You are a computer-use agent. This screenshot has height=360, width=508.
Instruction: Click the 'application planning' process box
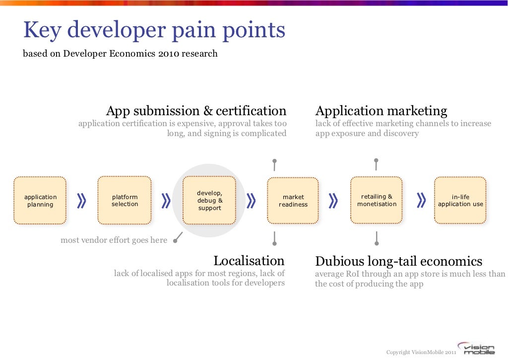tap(40, 201)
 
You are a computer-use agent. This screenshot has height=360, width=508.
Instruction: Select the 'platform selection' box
tap(125, 201)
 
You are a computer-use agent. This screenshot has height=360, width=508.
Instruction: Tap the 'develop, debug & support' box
tap(209, 201)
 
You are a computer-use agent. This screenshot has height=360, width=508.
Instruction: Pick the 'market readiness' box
tap(293, 201)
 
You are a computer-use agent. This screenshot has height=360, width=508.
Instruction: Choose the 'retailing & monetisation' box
tap(377, 200)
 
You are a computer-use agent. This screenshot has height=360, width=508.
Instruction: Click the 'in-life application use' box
tap(460, 200)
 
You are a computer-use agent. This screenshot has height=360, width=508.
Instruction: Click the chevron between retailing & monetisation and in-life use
tap(421, 200)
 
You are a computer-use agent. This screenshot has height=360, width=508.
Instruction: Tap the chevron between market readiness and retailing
tap(333, 200)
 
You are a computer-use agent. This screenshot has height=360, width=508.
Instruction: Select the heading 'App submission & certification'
tap(196, 111)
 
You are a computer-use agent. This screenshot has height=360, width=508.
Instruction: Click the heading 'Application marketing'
tap(381, 111)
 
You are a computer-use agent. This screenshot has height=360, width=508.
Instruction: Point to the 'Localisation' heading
tap(249, 261)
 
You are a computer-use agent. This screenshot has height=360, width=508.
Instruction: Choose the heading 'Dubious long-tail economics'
tap(398, 261)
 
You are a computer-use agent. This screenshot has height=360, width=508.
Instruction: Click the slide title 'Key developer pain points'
tap(154, 31)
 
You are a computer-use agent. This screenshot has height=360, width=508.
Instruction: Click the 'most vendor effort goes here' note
tap(114, 240)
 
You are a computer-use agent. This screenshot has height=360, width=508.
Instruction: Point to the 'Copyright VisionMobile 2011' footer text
tap(421, 352)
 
